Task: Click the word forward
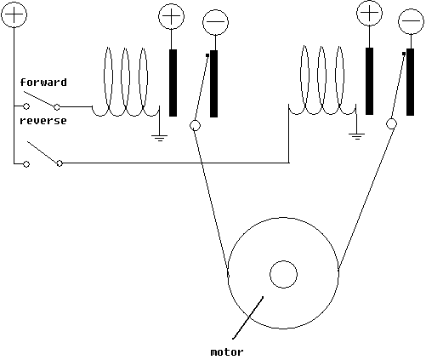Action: click(x=43, y=83)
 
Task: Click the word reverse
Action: click(x=43, y=121)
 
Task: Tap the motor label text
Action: click(x=227, y=352)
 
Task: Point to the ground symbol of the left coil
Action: click(x=159, y=138)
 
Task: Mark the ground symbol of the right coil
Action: click(x=356, y=136)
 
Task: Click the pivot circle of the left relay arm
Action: click(x=195, y=125)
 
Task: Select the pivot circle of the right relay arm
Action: click(x=391, y=123)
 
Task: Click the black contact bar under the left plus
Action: click(x=173, y=83)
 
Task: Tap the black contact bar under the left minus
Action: click(x=213, y=83)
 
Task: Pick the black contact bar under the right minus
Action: click(x=410, y=82)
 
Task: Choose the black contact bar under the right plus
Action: click(x=369, y=81)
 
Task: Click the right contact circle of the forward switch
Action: click(x=57, y=107)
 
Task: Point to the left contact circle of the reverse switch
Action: click(x=26, y=164)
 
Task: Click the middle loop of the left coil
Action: click(x=125, y=48)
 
